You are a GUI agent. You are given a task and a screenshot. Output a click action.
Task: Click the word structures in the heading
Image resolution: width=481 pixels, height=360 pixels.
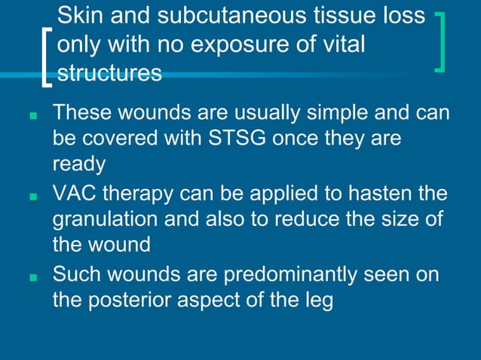pos(109,73)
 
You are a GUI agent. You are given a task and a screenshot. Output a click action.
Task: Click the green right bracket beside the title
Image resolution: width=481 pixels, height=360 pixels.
pos(440,41)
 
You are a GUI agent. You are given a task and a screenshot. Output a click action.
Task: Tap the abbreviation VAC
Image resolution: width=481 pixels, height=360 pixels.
pos(73,194)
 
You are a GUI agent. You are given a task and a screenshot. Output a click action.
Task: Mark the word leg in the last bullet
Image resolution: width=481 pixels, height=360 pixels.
pos(317,300)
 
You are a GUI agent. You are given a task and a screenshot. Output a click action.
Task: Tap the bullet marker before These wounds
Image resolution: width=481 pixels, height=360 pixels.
pos(32,117)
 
